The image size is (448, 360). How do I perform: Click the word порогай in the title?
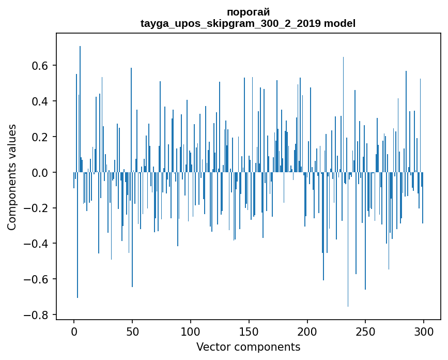(x=248, y=12)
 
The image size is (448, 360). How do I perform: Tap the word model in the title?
(x=339, y=23)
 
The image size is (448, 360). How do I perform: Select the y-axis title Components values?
(x=12, y=176)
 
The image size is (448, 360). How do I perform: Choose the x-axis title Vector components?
(x=248, y=347)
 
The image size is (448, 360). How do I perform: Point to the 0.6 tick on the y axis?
(x=41, y=66)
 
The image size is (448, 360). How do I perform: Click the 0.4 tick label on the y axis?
(x=41, y=101)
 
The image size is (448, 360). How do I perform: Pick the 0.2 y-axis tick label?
(x=41, y=137)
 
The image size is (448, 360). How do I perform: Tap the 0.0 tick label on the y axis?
(x=41, y=173)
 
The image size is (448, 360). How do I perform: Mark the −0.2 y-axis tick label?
(x=37, y=208)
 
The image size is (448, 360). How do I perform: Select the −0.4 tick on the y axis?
(x=37, y=244)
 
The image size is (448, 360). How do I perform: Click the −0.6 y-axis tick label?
(x=37, y=280)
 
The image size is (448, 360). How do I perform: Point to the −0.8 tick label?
(x=37, y=316)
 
